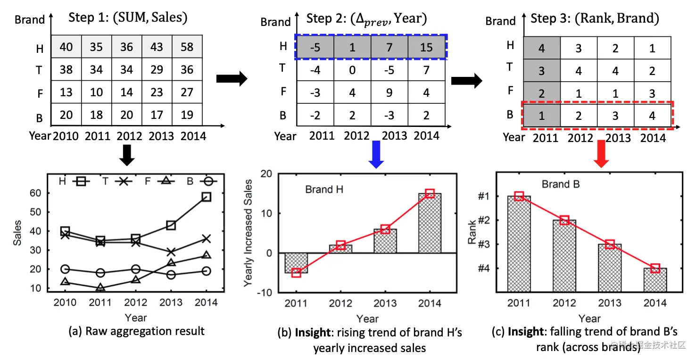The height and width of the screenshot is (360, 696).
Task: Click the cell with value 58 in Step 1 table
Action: [187, 47]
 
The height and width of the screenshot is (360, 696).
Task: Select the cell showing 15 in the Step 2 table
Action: [426, 47]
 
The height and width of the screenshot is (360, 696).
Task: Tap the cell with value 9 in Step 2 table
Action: [389, 92]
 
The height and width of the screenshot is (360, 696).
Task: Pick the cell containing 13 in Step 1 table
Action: [66, 92]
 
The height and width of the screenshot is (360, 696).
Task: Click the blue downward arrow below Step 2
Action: [376, 154]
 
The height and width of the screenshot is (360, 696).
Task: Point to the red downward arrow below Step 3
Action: [601, 154]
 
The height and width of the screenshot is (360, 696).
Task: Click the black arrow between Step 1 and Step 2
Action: [232, 79]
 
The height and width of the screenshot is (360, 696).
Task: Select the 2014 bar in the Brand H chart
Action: [430, 223]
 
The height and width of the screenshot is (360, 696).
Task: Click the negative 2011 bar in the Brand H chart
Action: [296, 263]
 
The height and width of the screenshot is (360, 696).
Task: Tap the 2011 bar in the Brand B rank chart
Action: [519, 244]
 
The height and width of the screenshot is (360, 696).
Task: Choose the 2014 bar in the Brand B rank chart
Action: [655, 280]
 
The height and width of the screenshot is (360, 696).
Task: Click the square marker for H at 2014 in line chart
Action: [207, 197]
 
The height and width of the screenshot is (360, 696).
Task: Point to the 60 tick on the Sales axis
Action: [35, 193]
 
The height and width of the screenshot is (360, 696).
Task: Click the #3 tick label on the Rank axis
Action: [484, 244]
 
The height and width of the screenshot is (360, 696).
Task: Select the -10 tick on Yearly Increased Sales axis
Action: [265, 293]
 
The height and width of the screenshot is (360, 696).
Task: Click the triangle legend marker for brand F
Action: [166, 181]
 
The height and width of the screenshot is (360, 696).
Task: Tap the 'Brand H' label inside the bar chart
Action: [324, 189]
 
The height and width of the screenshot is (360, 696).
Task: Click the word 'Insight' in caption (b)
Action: [313, 332]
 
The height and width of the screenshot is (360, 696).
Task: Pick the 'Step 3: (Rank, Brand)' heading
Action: [595, 18]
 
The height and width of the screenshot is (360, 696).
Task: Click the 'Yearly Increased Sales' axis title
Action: [248, 233]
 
